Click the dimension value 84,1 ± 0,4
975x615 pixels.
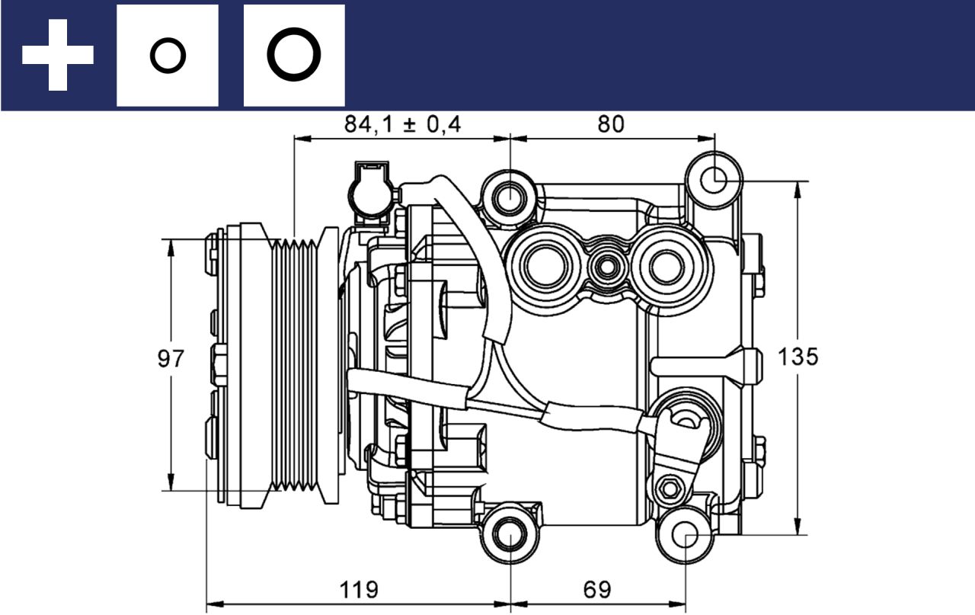402,124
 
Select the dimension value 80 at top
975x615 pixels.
610,124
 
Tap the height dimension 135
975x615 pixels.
798,357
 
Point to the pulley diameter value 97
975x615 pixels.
171,359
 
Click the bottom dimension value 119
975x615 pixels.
358,589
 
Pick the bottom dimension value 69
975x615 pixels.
597,589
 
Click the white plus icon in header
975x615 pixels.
58,55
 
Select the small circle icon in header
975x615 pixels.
168,56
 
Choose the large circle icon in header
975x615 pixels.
294,56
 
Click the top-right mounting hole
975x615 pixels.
714,181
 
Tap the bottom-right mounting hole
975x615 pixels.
686,535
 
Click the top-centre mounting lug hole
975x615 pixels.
509,198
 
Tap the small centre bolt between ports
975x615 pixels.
607,267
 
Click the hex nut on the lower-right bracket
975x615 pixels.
670,488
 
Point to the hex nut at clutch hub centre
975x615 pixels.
219,364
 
